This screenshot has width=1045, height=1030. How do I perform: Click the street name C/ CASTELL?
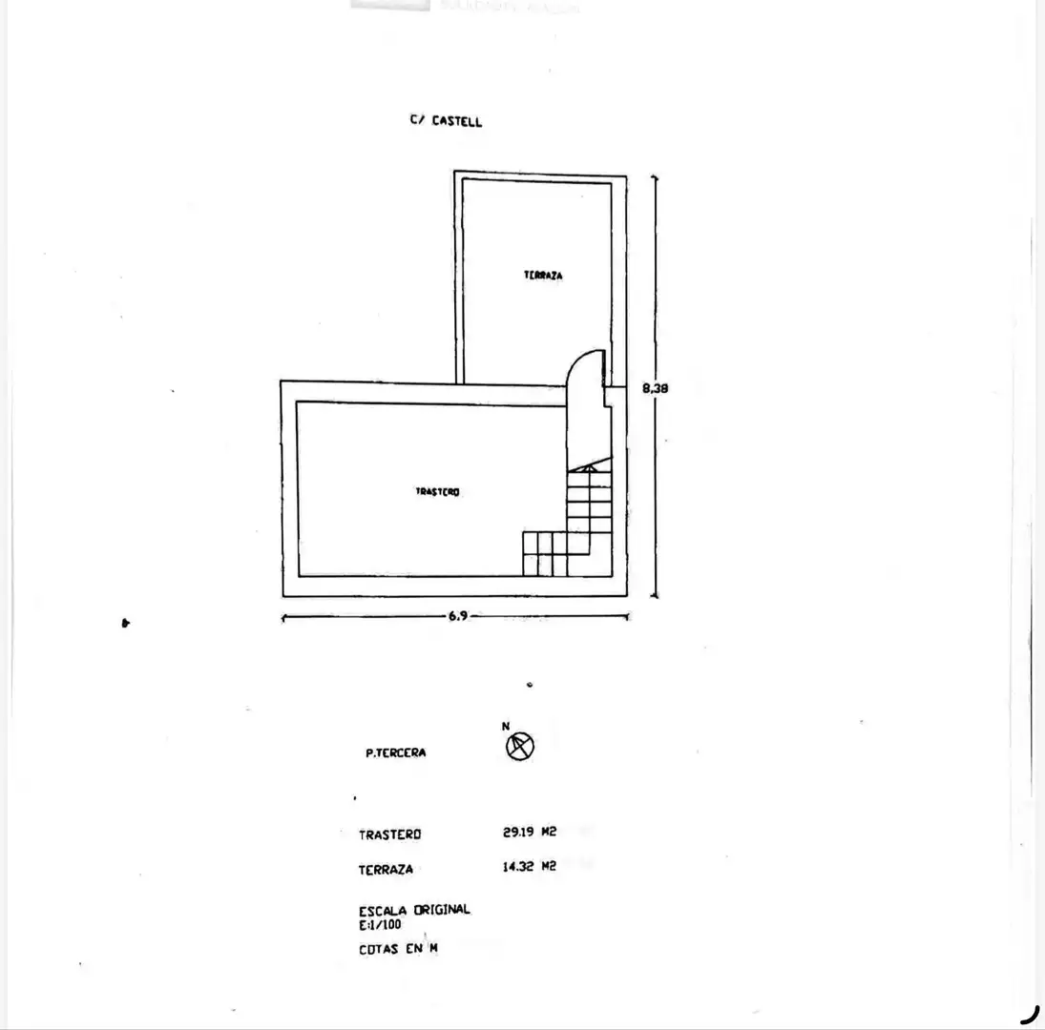click(x=446, y=120)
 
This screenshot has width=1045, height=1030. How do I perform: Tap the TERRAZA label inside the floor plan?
click(x=543, y=275)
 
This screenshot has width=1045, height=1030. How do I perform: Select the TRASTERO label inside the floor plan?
click(x=437, y=492)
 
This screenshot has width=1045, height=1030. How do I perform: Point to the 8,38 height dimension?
click(x=655, y=387)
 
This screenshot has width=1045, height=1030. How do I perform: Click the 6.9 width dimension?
click(x=458, y=616)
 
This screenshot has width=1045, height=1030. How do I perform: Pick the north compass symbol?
click(x=520, y=747)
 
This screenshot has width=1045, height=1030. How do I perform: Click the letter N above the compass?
click(x=506, y=727)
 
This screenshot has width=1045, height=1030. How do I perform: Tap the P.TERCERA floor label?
click(x=396, y=753)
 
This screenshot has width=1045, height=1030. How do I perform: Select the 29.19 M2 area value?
click(x=530, y=832)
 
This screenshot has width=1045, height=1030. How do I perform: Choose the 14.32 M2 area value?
click(x=529, y=866)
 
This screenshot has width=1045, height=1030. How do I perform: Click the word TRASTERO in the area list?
click(x=390, y=834)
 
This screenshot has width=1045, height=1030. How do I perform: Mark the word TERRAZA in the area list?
click(x=386, y=870)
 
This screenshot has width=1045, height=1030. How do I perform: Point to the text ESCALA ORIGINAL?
click(x=414, y=910)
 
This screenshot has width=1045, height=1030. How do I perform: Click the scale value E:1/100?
click(x=381, y=925)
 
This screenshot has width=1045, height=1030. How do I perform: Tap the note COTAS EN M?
click(x=399, y=949)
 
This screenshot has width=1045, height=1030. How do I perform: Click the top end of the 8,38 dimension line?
click(x=655, y=176)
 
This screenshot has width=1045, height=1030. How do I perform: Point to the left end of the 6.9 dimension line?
click(x=283, y=618)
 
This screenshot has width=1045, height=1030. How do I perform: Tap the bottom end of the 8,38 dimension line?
click(x=655, y=597)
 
